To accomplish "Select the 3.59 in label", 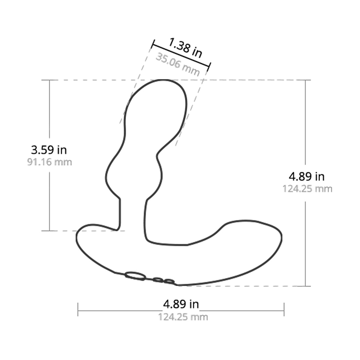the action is pyautogui.click(x=49, y=150).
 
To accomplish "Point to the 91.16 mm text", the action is pyautogui.click(x=49, y=162).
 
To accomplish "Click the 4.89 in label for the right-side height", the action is pyautogui.click(x=307, y=176).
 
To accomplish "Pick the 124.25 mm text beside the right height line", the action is pyautogui.click(x=307, y=189).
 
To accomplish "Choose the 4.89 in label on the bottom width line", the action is pyautogui.click(x=181, y=304).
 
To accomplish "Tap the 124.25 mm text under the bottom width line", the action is pyautogui.click(x=183, y=317).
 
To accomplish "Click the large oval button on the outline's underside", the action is pyautogui.click(x=135, y=276).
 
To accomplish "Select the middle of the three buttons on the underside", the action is pyautogui.click(x=158, y=280).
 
